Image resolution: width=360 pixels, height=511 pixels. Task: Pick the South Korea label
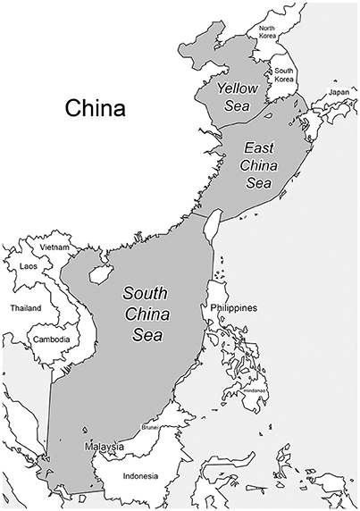(284, 75)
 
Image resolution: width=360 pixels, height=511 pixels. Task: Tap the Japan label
(339, 93)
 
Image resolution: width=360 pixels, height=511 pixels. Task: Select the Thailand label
(26, 306)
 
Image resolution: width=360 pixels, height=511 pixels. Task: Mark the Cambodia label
(51, 339)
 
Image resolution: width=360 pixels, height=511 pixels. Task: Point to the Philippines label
(234, 308)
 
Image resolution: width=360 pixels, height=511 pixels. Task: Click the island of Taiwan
(212, 226)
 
